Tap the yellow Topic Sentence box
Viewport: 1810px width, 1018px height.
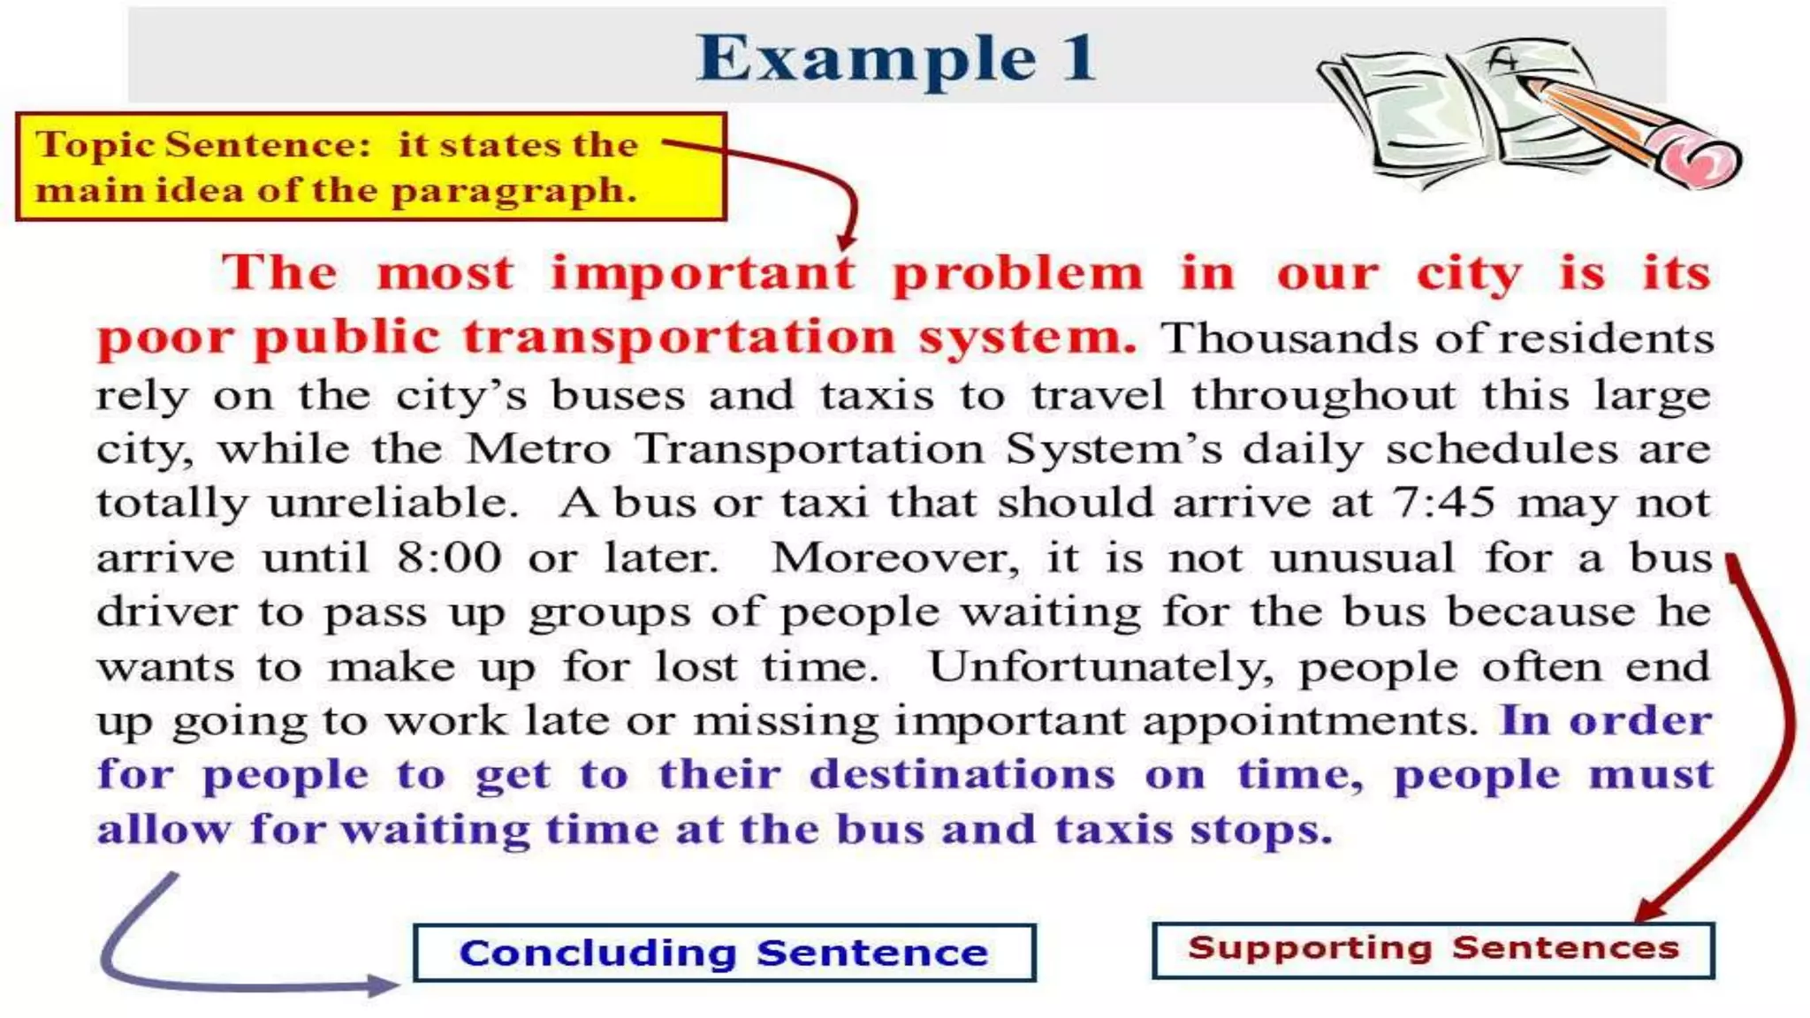(371, 167)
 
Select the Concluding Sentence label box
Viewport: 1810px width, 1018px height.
(724, 953)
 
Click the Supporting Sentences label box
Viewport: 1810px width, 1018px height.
(1433, 948)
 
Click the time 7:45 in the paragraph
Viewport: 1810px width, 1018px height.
(1443, 503)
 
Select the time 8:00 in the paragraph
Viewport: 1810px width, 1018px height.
(449, 558)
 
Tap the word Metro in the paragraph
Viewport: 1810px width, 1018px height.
(538, 449)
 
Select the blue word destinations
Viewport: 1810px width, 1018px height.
(962, 775)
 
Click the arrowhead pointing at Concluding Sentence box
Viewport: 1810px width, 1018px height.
(385, 985)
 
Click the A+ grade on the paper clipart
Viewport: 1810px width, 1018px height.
(1502, 60)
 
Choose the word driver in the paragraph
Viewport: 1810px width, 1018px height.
(167, 612)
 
